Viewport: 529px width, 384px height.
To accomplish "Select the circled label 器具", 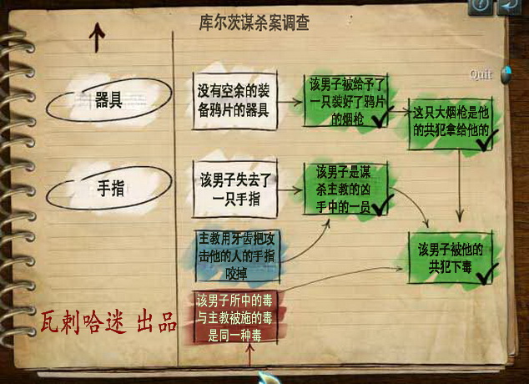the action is pyautogui.click(x=108, y=101).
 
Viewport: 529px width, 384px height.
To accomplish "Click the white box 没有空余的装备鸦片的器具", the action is pyautogui.click(x=234, y=101).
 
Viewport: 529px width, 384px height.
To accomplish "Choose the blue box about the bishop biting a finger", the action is pyautogui.click(x=234, y=252).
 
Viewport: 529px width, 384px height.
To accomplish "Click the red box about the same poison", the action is pyautogui.click(x=234, y=316).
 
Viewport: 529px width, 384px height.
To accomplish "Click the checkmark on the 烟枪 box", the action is pyautogui.click(x=375, y=122).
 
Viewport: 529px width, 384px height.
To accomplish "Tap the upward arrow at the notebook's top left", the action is pyautogui.click(x=98, y=36).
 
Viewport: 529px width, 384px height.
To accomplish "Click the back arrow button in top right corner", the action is pyautogui.click(x=508, y=7).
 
